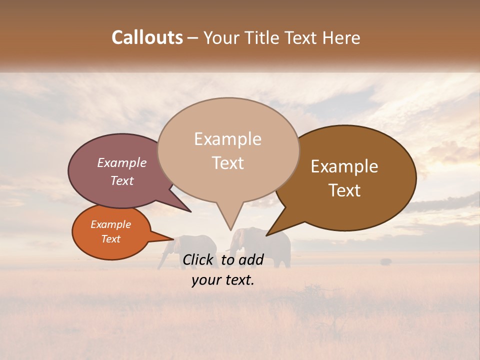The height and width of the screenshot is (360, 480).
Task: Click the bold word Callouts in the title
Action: pos(147,37)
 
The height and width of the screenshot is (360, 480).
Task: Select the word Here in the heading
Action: pos(341,37)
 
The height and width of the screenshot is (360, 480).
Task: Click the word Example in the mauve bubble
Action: pos(122,162)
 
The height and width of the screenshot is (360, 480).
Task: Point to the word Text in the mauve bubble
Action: pos(122,180)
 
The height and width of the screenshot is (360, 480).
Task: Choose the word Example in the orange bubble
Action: pos(110,224)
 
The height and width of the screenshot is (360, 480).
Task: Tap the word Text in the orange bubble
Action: pos(110,239)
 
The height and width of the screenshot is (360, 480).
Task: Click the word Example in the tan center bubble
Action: pos(227,139)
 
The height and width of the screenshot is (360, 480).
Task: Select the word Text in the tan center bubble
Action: pos(227,163)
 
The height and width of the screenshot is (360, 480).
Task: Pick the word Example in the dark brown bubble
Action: pos(344,166)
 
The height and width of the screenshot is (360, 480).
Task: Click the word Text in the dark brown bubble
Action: pos(344,190)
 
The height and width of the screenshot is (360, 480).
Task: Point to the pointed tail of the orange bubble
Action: pos(167,238)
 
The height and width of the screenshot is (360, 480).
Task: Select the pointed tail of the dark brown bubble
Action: pos(272,231)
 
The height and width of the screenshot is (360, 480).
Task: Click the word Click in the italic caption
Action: pos(199,259)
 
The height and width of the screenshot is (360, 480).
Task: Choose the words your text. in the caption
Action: pos(222,280)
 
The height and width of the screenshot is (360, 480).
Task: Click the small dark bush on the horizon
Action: pos(386,261)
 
